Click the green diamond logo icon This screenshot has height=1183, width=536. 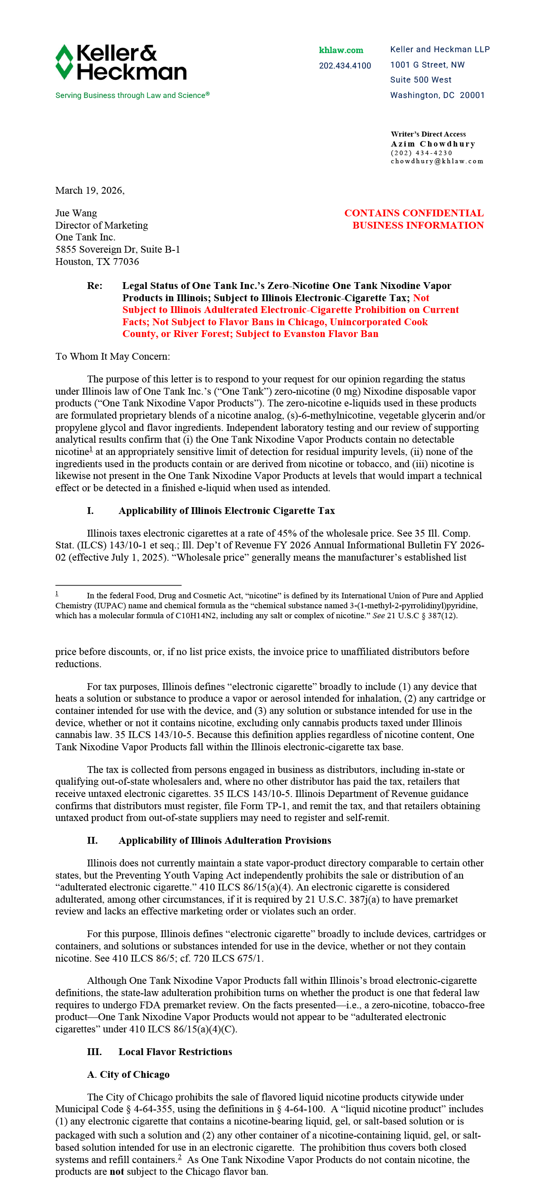64,62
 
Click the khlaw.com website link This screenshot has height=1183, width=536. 341,50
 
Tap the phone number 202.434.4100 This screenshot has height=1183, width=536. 345,66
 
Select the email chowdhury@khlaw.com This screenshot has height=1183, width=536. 437,161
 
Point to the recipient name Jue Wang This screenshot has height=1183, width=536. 76,213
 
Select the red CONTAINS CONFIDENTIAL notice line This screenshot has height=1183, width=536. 414,213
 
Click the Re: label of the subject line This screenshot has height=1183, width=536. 95,286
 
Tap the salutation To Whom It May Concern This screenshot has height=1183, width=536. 112,357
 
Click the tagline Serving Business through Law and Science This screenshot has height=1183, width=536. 132,96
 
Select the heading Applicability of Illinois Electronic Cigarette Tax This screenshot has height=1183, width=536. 226,511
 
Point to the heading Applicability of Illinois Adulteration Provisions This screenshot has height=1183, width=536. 224,841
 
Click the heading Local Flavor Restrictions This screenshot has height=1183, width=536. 175,1051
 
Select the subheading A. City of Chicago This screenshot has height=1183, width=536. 128,1075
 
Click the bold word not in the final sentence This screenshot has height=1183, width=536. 117,1172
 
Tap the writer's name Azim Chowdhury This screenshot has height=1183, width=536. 433,144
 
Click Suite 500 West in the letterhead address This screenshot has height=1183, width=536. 421,80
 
